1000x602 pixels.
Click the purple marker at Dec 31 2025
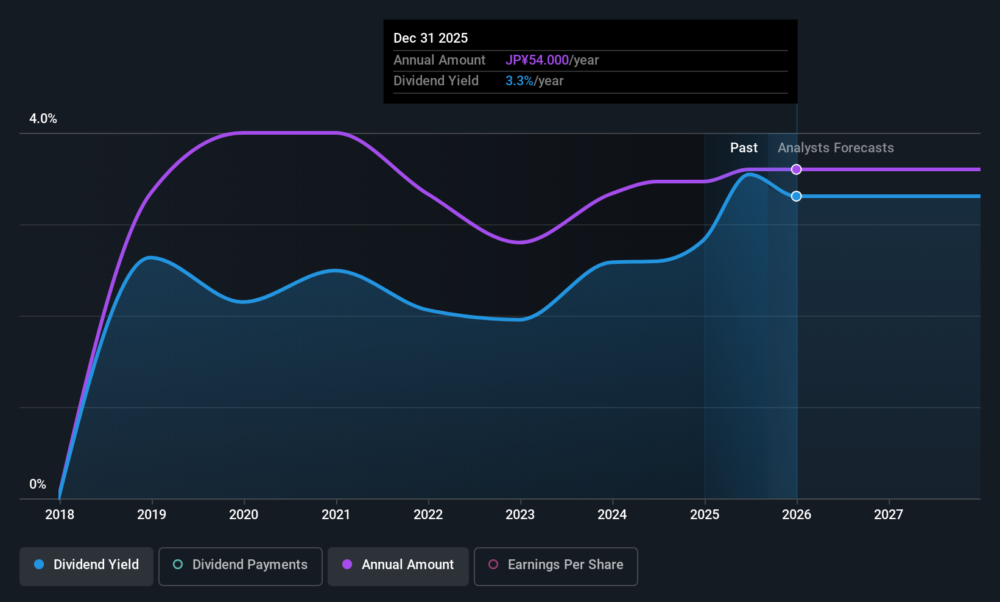[x=796, y=169]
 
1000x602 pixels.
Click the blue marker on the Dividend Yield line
[x=796, y=196]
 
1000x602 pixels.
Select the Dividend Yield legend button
[x=86, y=565]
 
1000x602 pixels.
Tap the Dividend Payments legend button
[x=241, y=565]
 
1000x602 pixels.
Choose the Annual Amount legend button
[x=398, y=565]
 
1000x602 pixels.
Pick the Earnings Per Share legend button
[x=555, y=565]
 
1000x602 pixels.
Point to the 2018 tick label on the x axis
[x=60, y=515]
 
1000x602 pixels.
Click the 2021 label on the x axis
[x=336, y=515]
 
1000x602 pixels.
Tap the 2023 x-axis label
[x=520, y=515]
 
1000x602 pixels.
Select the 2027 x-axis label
[x=889, y=515]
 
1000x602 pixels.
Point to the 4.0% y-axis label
[x=43, y=119]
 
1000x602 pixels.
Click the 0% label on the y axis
[x=38, y=484]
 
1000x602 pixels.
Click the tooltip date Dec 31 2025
[x=431, y=38]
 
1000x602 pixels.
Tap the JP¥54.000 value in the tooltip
[x=537, y=60]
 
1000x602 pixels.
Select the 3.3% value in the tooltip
[x=519, y=81]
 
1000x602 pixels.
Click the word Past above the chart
[x=744, y=148]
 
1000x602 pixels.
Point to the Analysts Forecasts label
[x=836, y=148]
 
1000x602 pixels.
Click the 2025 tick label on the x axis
[x=705, y=515]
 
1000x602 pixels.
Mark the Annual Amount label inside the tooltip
[x=439, y=60]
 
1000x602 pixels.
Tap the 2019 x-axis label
[x=152, y=515]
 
